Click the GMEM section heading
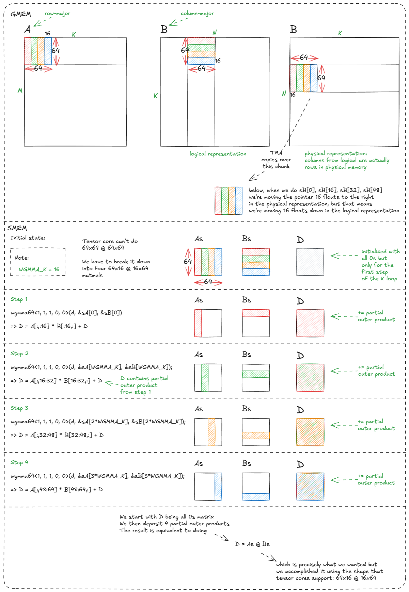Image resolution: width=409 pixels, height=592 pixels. click(x=21, y=14)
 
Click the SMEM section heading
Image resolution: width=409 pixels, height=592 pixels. click(x=17, y=228)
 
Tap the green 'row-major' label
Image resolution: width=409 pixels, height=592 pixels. click(x=57, y=14)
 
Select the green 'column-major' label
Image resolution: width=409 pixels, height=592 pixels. click(x=197, y=14)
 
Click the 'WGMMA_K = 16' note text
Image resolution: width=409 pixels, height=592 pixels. click(x=39, y=269)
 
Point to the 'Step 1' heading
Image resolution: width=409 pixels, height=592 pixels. click(x=19, y=299)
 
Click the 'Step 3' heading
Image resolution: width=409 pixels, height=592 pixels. click(x=19, y=408)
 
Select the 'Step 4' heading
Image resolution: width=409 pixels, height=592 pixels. click(x=19, y=462)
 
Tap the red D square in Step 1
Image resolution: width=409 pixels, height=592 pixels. click(x=310, y=323)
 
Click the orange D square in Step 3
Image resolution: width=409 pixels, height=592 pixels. click(x=310, y=432)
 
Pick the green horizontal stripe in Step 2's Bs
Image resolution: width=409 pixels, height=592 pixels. click(x=256, y=374)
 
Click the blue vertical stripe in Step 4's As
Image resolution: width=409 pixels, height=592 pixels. click(x=218, y=487)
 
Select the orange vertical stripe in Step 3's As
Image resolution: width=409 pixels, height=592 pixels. click(x=211, y=432)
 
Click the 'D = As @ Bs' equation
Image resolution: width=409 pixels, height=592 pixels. click(x=252, y=544)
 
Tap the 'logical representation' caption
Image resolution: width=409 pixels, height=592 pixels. click(x=218, y=154)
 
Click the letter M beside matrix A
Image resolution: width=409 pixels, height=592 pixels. click(x=20, y=91)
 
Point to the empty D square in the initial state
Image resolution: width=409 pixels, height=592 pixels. click(x=310, y=262)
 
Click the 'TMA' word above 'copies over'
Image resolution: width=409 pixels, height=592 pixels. click(x=276, y=153)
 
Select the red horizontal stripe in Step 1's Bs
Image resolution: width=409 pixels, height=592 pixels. click(x=256, y=313)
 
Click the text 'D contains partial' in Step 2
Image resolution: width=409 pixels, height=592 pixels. click(x=144, y=378)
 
